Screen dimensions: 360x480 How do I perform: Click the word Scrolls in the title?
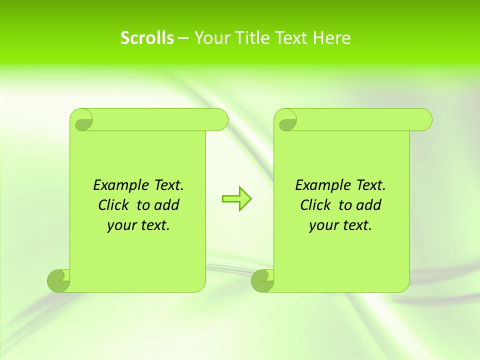coord(147,38)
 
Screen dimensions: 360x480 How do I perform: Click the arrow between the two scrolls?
coord(236,198)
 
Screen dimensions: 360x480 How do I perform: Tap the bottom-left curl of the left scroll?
coord(59,280)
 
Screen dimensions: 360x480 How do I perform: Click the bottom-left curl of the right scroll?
coord(262,280)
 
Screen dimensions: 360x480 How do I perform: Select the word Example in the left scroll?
coord(116,185)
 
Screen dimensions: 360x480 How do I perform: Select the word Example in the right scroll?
coord(318,185)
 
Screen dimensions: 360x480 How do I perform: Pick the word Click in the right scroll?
coord(315,205)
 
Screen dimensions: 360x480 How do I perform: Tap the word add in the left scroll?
coord(166,205)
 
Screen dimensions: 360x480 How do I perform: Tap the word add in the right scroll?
coord(368,205)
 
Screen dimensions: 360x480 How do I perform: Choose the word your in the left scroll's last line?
coord(120,226)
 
